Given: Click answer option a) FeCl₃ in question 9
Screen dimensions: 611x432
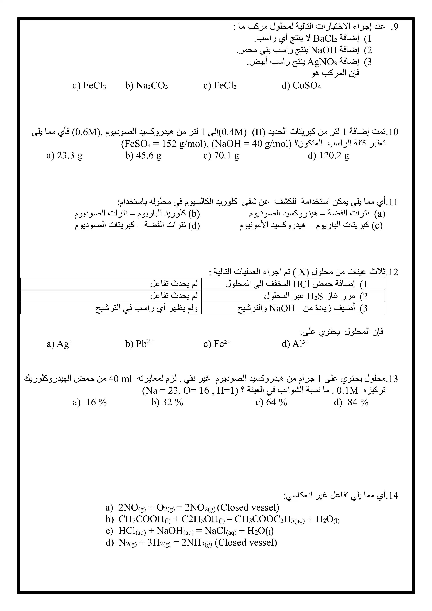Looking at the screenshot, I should pyautogui.click(x=89, y=86).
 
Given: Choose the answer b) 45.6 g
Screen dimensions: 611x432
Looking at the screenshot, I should pyautogui.click(x=143, y=155).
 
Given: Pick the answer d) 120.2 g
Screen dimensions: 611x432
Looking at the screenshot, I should pyautogui.click(x=329, y=155).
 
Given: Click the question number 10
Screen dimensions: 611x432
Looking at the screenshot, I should pyautogui.click(x=392, y=132).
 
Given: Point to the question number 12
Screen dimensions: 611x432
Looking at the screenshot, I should pyautogui.click(x=392, y=272).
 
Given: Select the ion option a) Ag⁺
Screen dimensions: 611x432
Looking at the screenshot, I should pyautogui.click(x=60, y=344).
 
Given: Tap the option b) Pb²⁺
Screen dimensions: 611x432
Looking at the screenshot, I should pyautogui.click(x=139, y=344).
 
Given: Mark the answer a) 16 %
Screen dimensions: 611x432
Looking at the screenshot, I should pyautogui.click(x=90, y=402).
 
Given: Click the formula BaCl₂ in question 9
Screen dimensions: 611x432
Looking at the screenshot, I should pyautogui.click(x=325, y=39).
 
